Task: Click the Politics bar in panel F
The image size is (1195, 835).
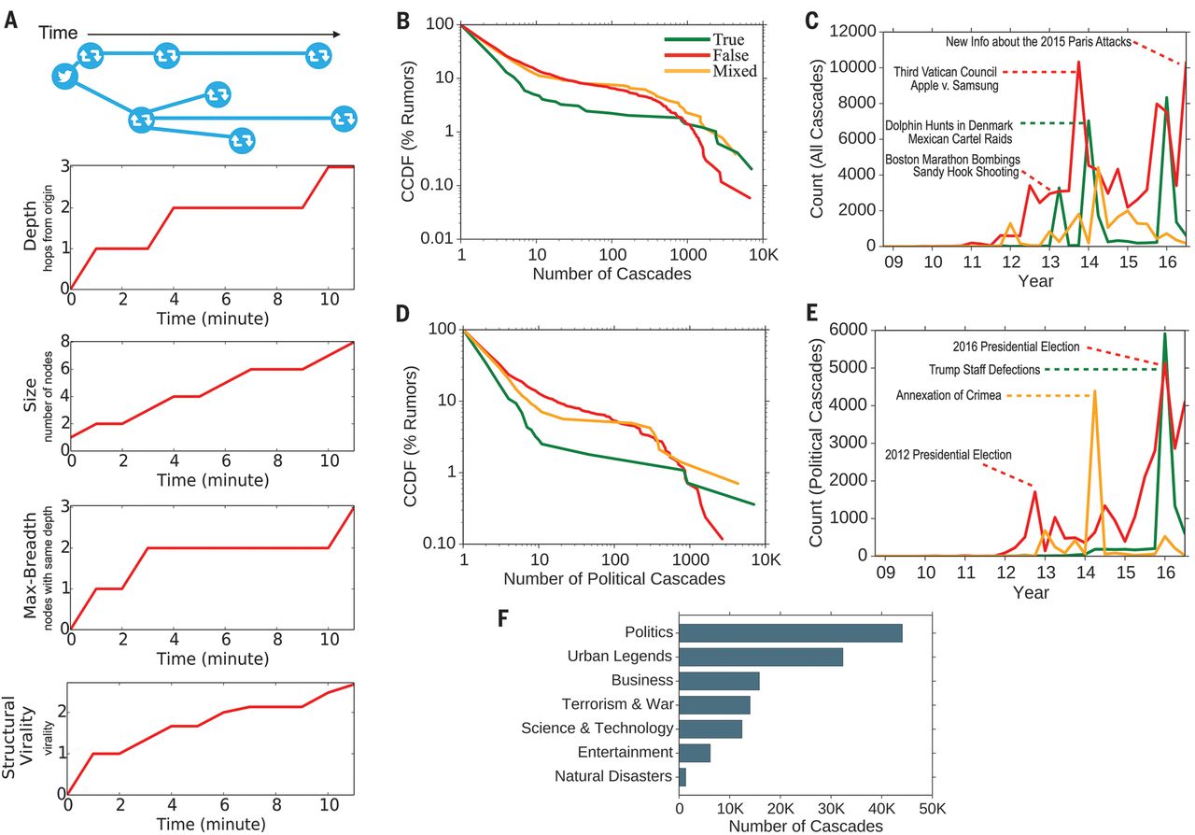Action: (790, 632)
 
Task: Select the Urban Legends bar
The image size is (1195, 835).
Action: (761, 657)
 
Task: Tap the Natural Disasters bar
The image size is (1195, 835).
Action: (682, 776)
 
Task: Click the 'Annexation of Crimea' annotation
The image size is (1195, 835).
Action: (949, 395)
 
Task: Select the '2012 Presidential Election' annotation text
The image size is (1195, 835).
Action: (949, 455)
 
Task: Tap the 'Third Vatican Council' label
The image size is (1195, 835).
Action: (945, 71)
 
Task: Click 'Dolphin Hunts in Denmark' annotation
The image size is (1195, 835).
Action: (945, 123)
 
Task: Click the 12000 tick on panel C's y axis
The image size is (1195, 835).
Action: (853, 31)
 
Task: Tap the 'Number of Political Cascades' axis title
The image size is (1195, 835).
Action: (614, 579)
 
